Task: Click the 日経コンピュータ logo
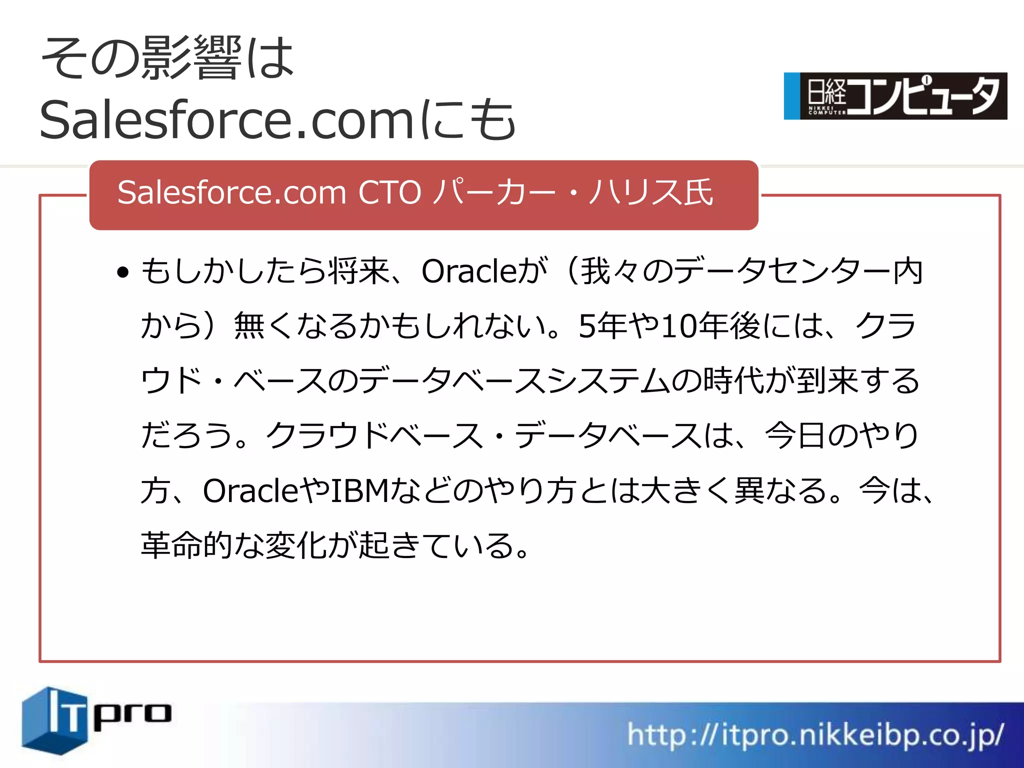pyautogui.click(x=895, y=96)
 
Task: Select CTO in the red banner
pyautogui.click(x=389, y=192)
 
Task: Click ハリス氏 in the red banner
pyautogui.click(x=650, y=192)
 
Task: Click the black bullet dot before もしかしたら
pyautogui.click(x=122, y=272)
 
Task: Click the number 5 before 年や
pyautogui.click(x=586, y=326)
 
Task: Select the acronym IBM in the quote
pyautogui.click(x=359, y=490)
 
